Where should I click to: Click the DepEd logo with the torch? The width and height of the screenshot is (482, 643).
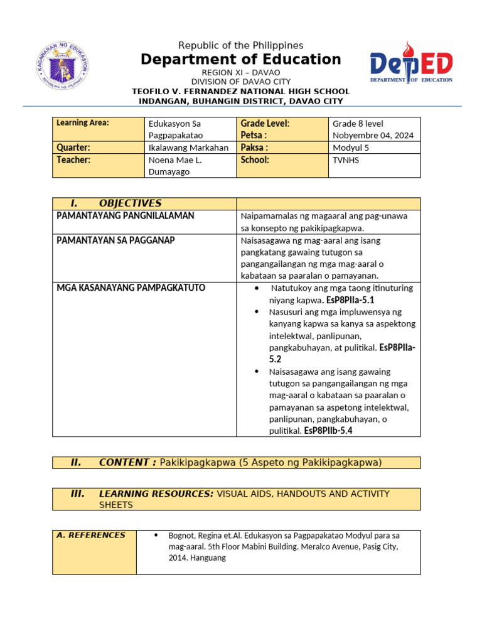click(x=411, y=63)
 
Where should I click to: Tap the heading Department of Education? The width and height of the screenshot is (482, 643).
click(x=240, y=60)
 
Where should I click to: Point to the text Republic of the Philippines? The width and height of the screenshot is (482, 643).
click(x=240, y=45)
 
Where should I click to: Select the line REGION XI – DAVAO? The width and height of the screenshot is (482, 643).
click(x=240, y=73)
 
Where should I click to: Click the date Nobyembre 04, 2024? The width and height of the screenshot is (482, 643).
click(x=373, y=136)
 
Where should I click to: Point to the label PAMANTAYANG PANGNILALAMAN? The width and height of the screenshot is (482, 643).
click(x=126, y=216)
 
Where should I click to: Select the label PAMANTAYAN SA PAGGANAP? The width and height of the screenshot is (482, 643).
click(x=116, y=240)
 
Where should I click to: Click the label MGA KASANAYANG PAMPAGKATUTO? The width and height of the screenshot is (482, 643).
click(x=131, y=288)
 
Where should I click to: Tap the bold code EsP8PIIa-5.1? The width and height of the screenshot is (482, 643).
click(x=350, y=301)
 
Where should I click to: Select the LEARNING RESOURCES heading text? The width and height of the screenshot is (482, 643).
click(x=156, y=494)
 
